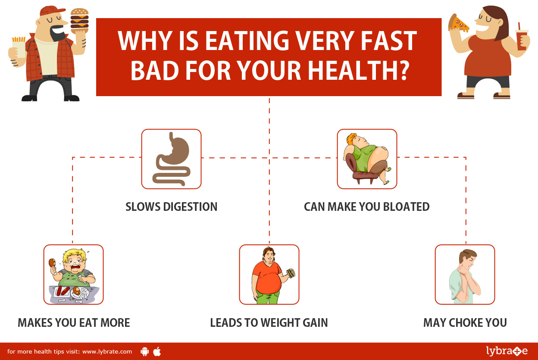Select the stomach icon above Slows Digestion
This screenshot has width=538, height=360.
point(171,159)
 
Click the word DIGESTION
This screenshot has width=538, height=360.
point(191,207)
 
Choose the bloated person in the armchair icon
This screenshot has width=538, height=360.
point(367,159)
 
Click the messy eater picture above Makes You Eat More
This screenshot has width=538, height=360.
point(73,275)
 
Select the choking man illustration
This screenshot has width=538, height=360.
point(465,275)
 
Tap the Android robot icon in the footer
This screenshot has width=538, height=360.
point(144,351)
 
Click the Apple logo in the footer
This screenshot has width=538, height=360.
point(157,351)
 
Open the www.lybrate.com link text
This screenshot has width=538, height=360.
point(107,351)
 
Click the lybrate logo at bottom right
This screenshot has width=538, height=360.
point(507,351)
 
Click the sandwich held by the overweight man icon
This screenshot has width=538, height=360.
point(291,273)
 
